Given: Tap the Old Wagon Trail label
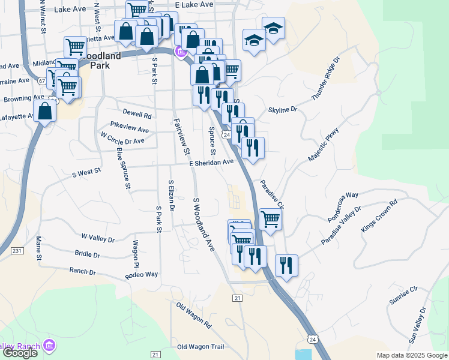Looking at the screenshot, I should (200, 347).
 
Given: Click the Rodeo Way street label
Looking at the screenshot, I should (141, 275).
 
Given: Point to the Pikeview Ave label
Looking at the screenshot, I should (130, 129).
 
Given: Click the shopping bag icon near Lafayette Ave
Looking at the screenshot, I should (45, 111).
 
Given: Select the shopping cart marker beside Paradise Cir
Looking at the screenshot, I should (270, 220).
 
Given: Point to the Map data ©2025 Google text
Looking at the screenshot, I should (412, 355).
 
